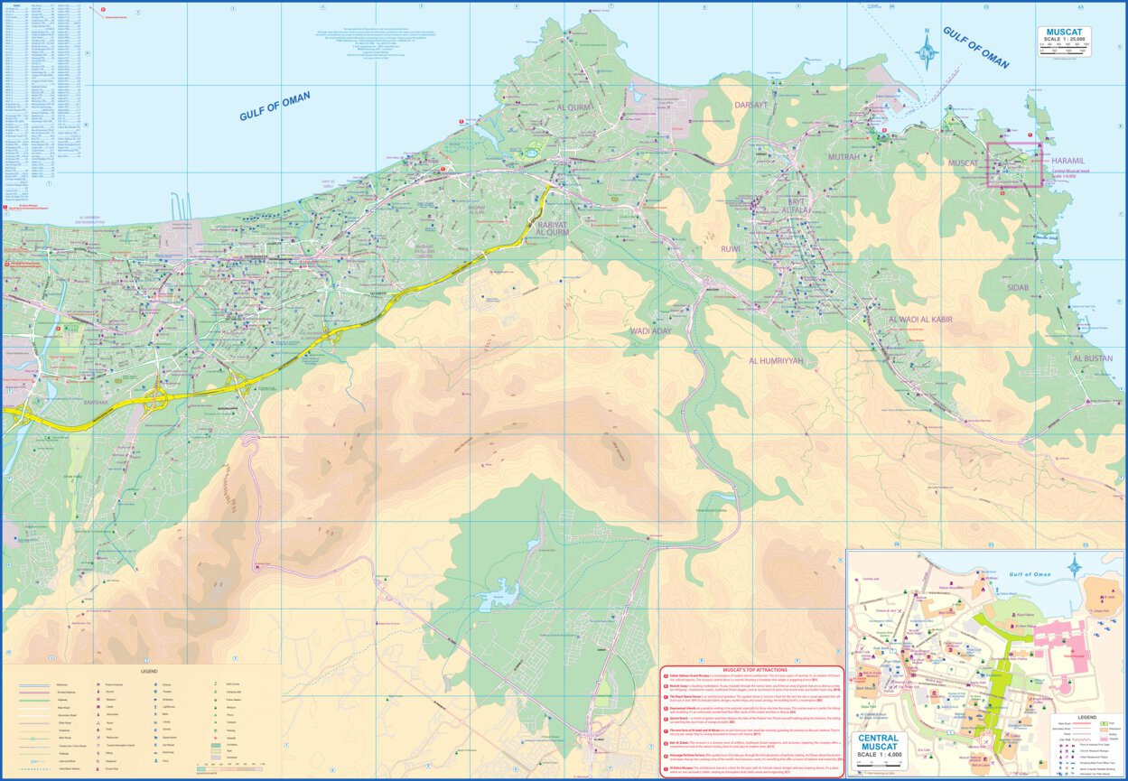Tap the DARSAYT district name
[750, 104]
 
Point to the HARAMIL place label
[1071, 160]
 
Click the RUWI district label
[730, 248]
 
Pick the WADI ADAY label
[650, 331]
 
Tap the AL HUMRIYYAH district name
[775, 360]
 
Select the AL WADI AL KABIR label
[920, 320]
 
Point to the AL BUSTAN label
[1093, 358]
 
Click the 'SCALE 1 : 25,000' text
[1064, 41]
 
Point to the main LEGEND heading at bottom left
[148, 671]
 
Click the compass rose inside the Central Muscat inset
[1075, 567]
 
